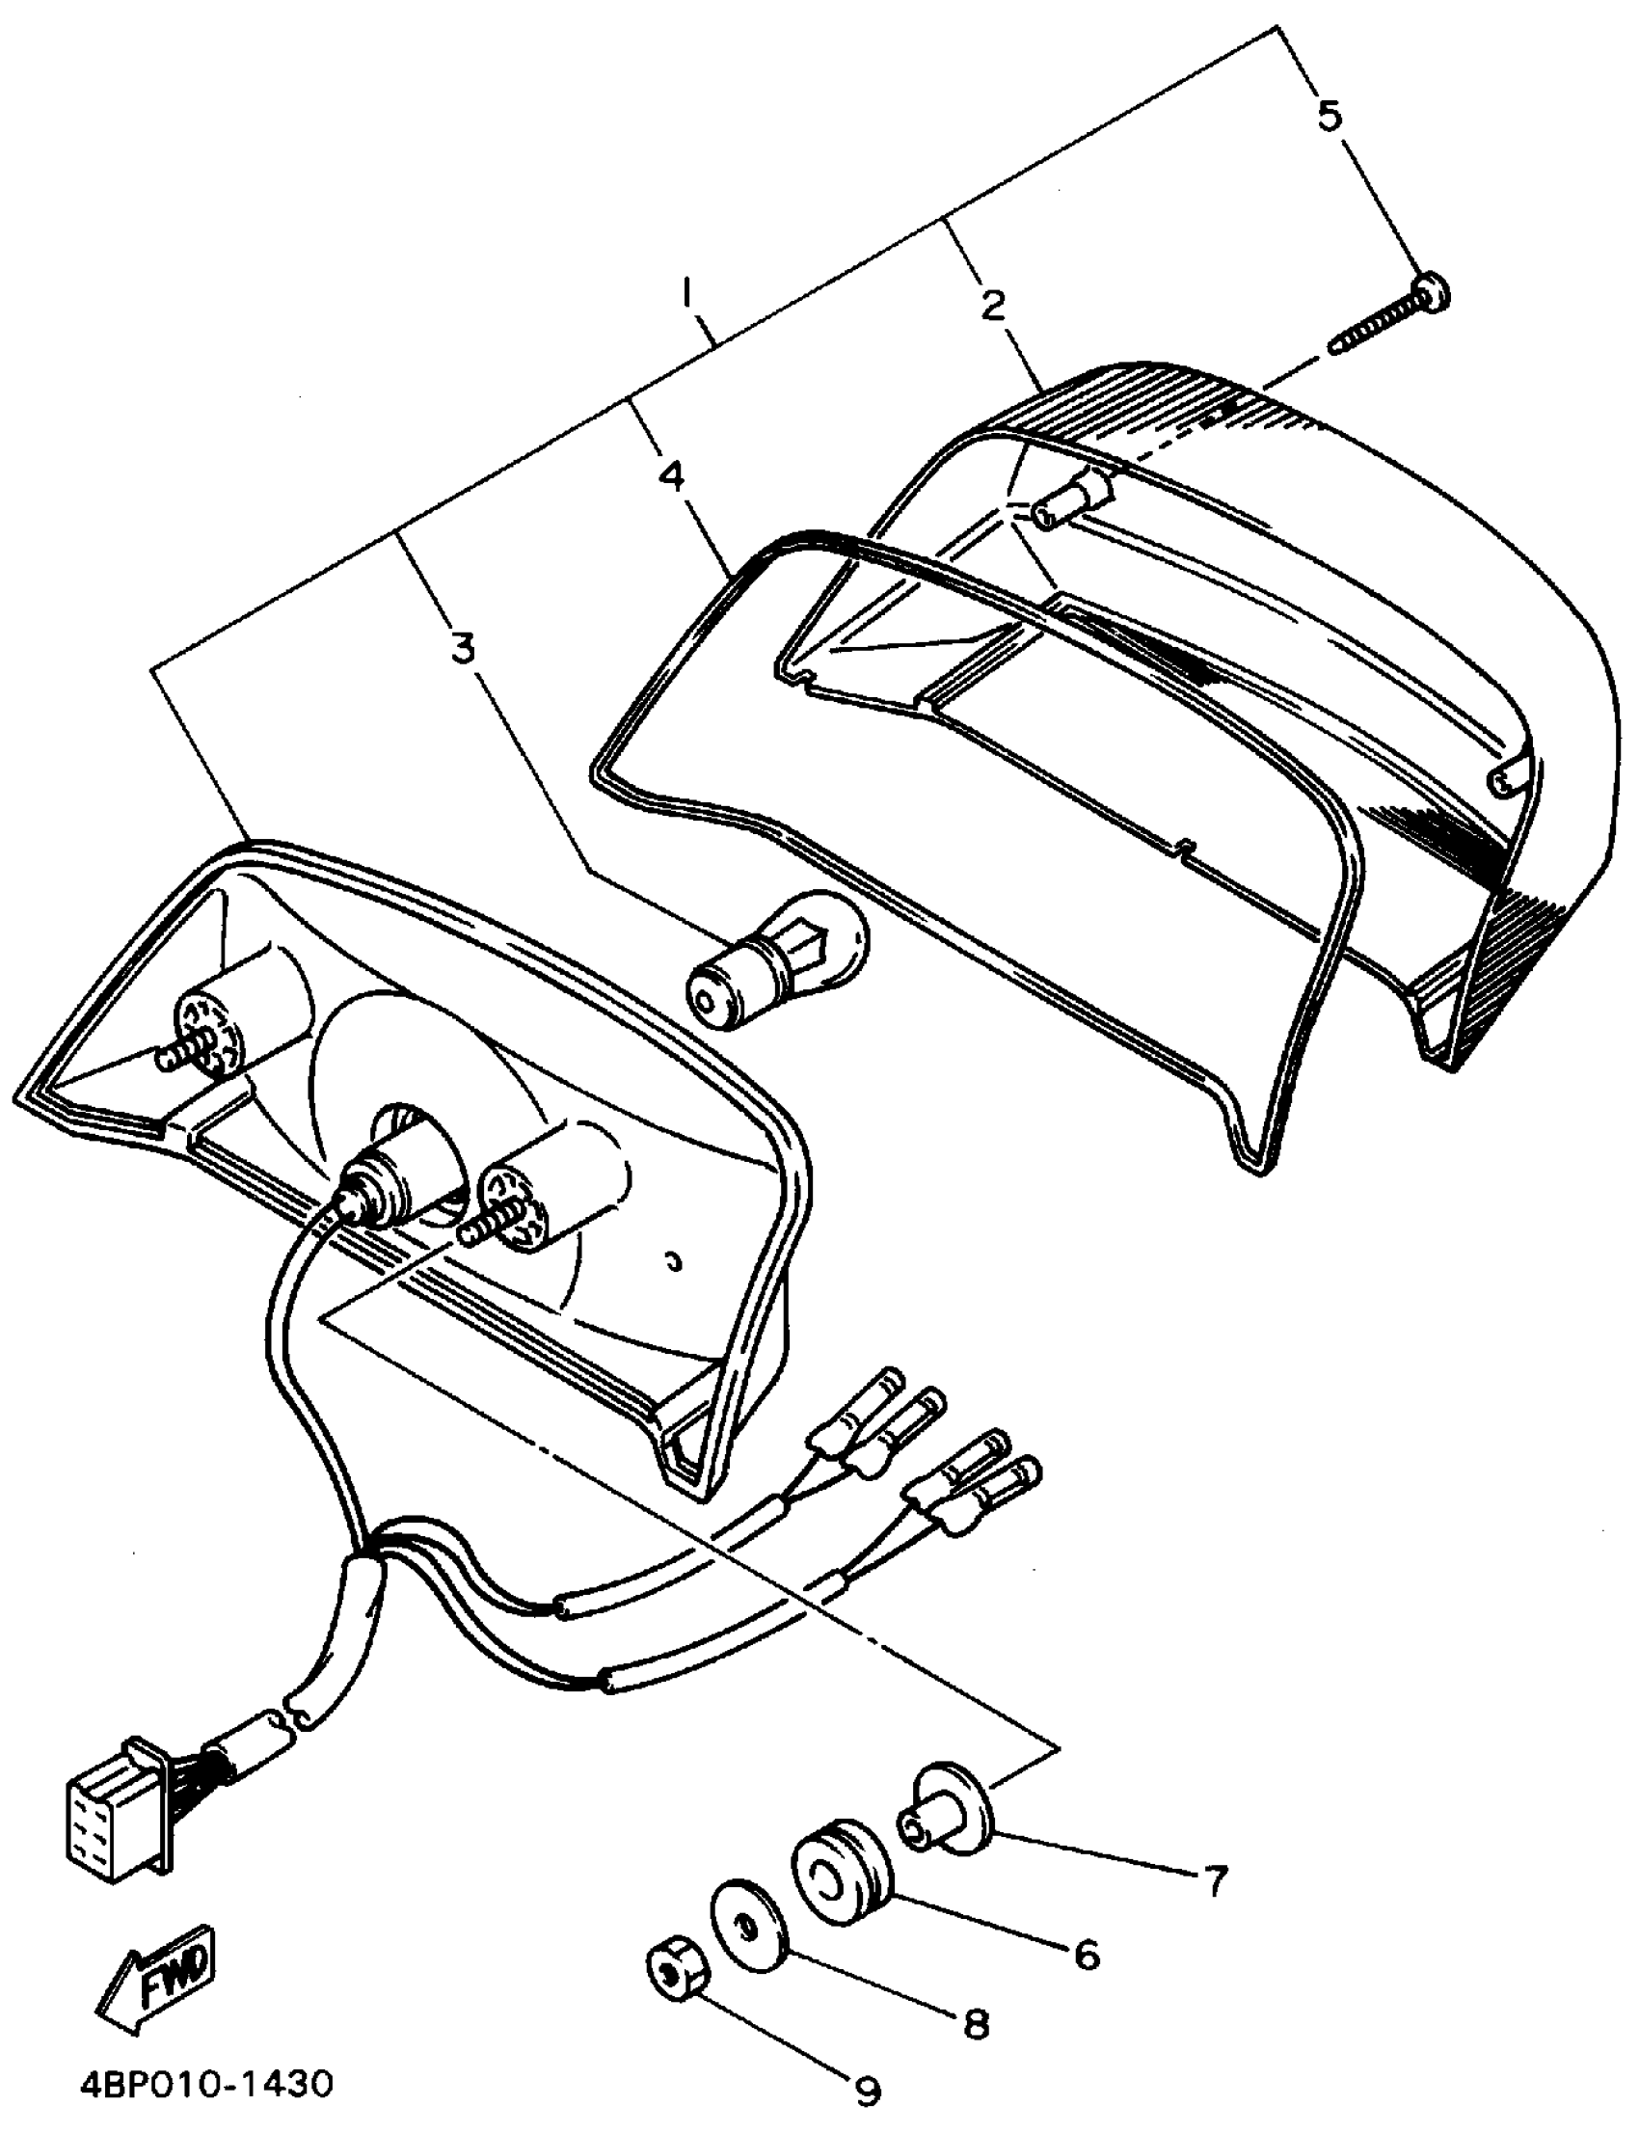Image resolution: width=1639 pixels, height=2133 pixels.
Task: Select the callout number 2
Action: (x=992, y=306)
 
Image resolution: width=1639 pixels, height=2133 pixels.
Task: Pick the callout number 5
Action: (x=1329, y=115)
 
